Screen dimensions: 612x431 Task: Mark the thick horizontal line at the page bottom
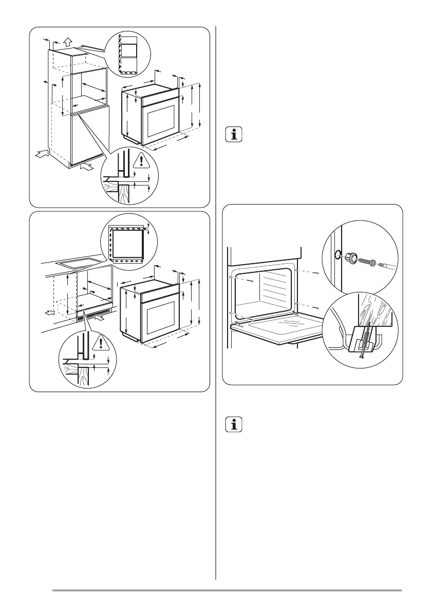tap(226, 590)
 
